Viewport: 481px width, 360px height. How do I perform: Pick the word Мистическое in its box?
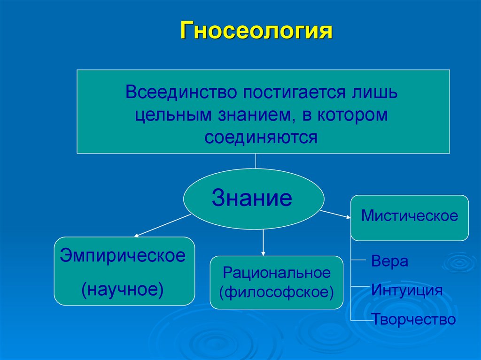410,216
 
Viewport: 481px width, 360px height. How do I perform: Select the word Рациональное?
277,272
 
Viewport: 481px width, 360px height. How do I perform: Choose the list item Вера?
389,261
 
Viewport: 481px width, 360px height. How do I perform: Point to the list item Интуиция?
407,290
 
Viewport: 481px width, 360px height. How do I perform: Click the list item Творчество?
414,320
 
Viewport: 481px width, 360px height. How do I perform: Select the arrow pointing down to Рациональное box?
263,243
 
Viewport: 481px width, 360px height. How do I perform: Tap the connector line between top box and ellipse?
256,161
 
